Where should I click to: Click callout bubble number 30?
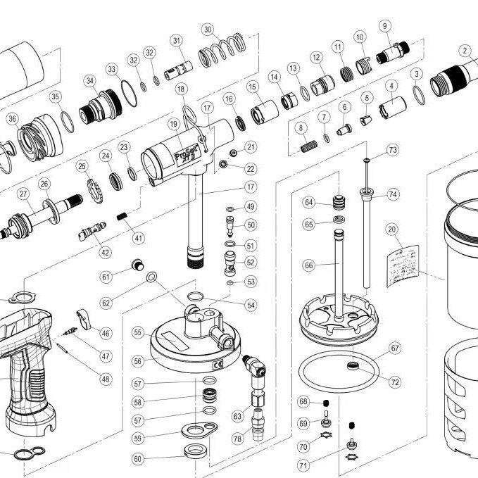207,30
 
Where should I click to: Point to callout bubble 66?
308,265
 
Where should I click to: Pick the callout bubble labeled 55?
138,332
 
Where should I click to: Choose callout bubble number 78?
237,439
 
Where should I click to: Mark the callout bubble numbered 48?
106,379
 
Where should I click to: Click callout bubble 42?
106,252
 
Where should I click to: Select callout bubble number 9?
384,26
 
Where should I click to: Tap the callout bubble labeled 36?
12,120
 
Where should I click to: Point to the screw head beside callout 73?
367,161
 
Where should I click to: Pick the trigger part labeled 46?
84,319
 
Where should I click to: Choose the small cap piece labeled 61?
139,265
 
